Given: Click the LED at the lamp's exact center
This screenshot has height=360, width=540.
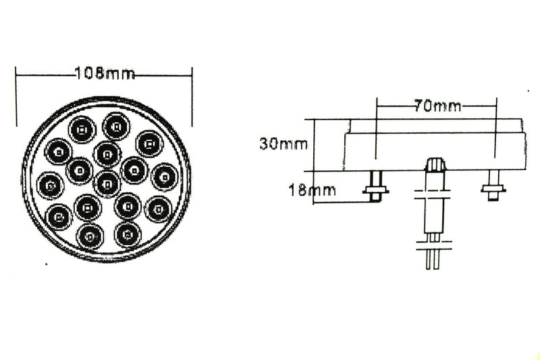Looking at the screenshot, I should pyautogui.click(x=107, y=181).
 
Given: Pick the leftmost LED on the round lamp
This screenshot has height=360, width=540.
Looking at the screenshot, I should pyautogui.click(x=51, y=183).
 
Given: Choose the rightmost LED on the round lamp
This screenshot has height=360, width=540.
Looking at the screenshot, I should pyautogui.click(x=165, y=176).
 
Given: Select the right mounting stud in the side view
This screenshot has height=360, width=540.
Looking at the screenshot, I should pyautogui.click(x=493, y=184).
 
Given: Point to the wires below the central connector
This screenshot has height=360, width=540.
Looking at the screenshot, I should pyautogui.click(x=433, y=257).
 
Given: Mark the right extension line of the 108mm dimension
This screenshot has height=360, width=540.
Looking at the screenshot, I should pyautogui.click(x=193, y=98).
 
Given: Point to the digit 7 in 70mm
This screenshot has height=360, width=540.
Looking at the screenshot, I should pyautogui.click(x=419, y=106).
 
